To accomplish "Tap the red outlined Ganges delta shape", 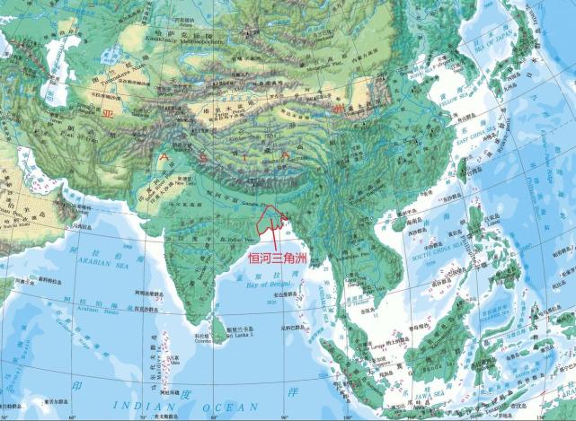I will coord(270,219).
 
